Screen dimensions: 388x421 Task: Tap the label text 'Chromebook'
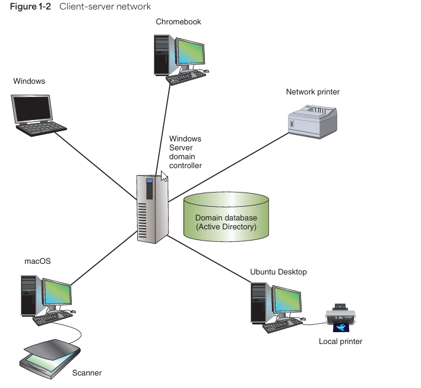point(178,22)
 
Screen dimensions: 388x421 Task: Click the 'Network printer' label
point(312,92)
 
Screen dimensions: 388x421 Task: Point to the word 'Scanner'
point(87,373)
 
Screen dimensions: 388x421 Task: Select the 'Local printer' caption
point(340,342)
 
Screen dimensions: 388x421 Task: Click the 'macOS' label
point(37,261)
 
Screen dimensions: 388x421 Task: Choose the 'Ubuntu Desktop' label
point(278,272)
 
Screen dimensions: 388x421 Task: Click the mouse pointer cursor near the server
point(164,177)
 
